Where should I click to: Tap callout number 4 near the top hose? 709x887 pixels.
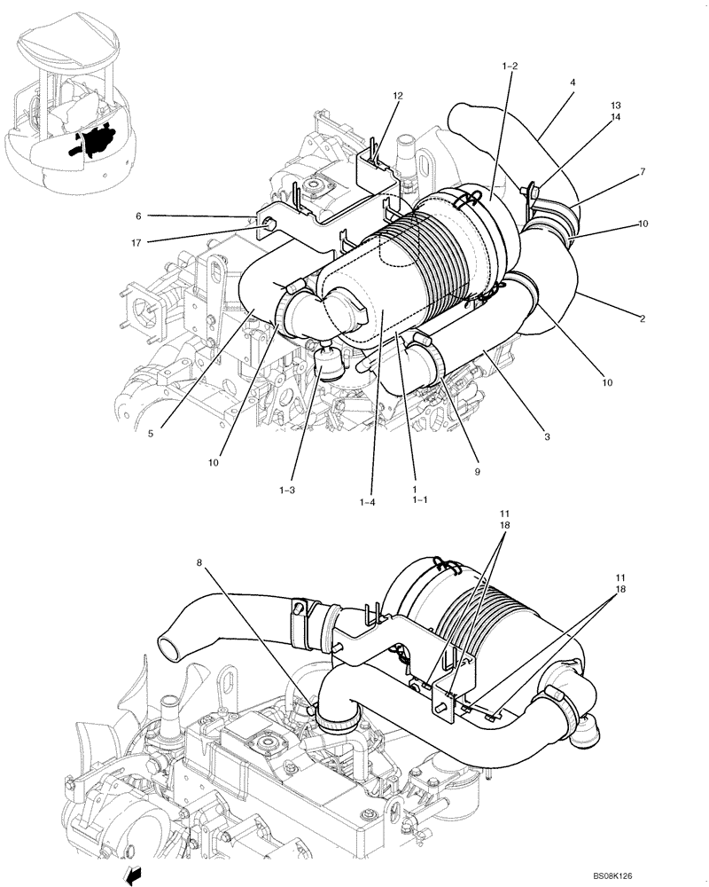(x=573, y=82)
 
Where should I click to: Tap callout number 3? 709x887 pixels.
(x=548, y=436)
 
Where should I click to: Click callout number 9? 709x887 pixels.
(x=476, y=472)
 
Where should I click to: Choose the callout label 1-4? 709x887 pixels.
(x=368, y=503)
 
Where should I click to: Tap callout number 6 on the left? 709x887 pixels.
(x=138, y=216)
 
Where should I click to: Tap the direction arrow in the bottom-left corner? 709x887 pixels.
(x=133, y=877)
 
